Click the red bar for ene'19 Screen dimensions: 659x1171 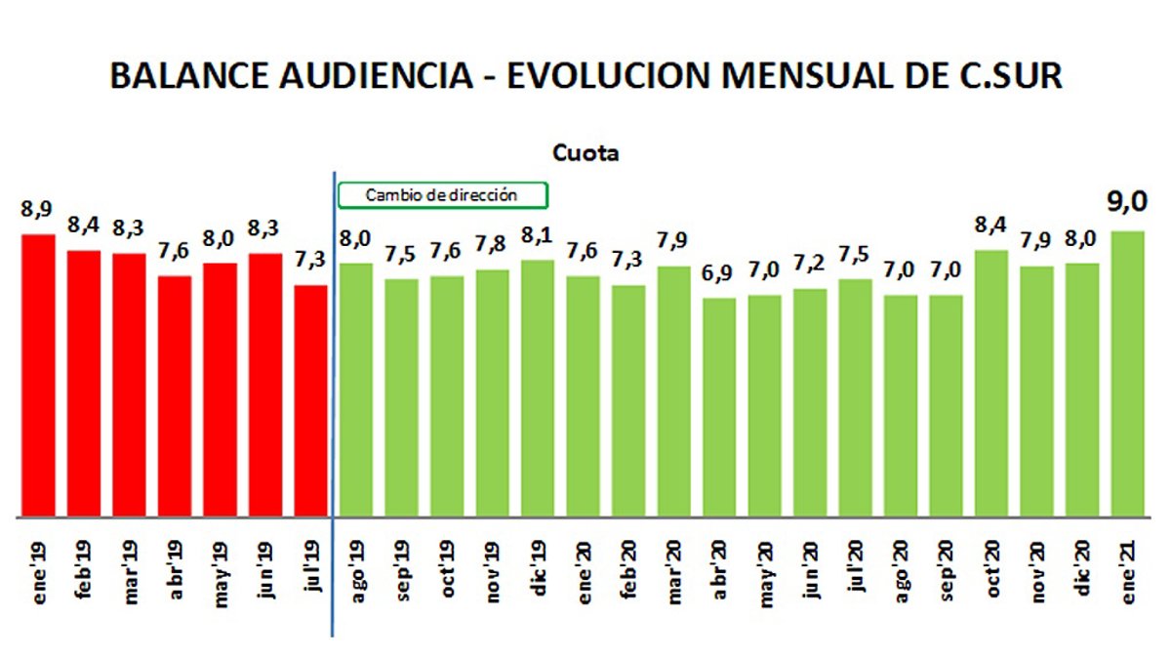click(39, 375)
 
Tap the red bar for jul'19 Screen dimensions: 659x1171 click(310, 400)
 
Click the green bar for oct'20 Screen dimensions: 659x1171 click(991, 383)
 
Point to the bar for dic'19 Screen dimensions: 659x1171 click(538, 388)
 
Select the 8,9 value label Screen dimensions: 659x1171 click(37, 209)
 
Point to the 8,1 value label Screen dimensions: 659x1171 click(538, 236)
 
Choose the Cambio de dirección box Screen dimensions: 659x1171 click(442, 195)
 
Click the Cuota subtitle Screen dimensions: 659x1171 click(585, 153)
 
